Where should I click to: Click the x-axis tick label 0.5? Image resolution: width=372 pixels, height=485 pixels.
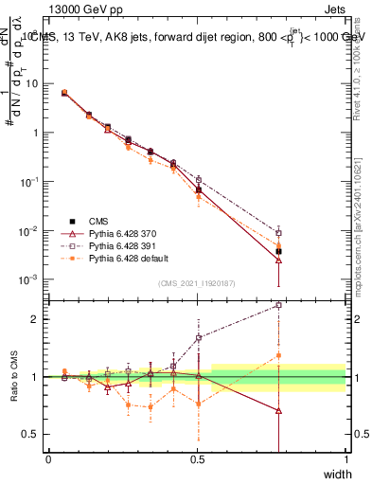coord(197,459)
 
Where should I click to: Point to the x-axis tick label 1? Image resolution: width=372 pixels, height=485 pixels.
coord(346,459)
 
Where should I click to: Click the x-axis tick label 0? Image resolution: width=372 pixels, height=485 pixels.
coord(48,459)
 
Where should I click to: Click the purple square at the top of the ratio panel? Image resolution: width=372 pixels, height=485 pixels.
coord(278,305)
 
